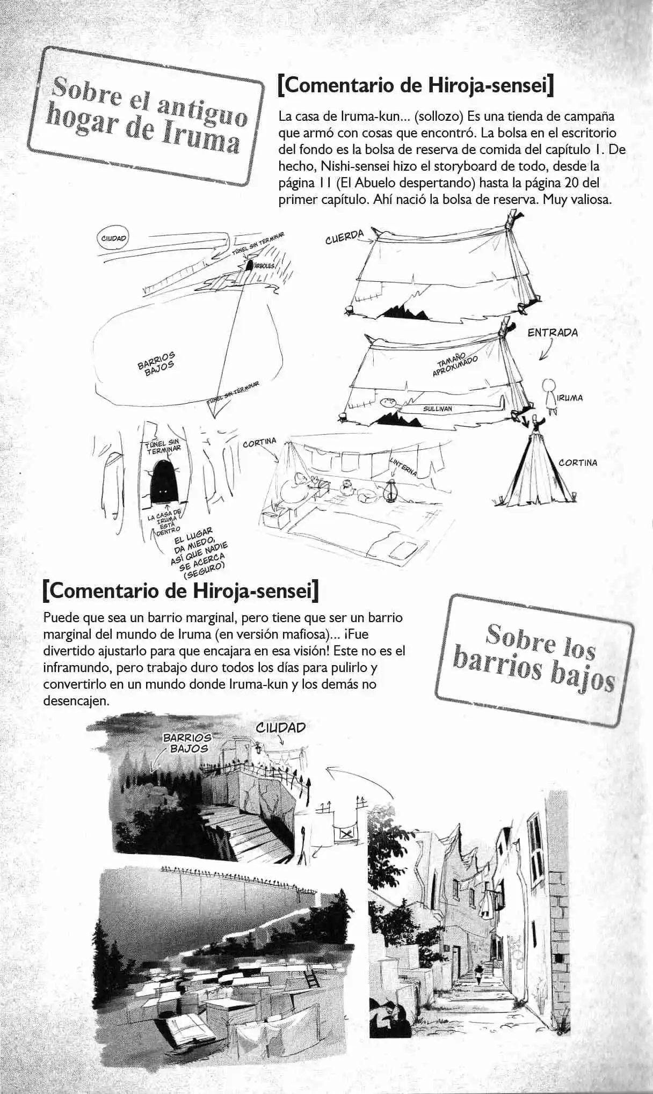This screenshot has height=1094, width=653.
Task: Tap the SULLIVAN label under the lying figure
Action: [x=438, y=409]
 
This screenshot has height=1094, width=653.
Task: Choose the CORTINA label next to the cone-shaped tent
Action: [x=578, y=463]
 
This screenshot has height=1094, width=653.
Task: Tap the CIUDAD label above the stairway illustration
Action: [x=280, y=727]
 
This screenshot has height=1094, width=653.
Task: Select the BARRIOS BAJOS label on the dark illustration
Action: [x=187, y=742]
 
